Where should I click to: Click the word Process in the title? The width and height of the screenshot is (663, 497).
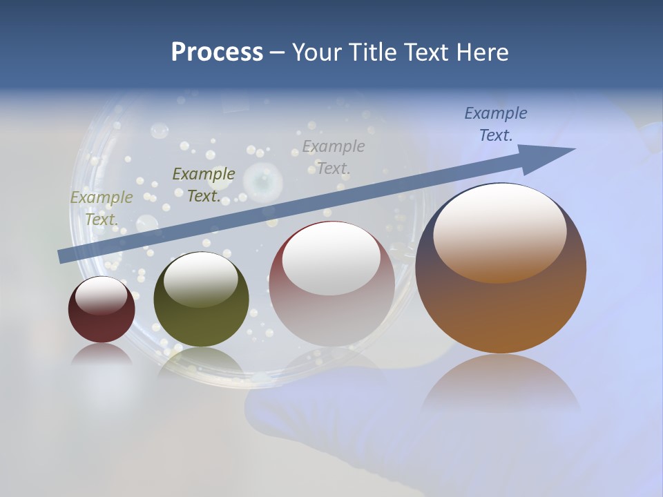(x=217, y=52)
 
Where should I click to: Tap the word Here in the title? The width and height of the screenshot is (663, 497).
(x=482, y=52)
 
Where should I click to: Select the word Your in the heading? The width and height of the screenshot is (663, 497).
(x=316, y=52)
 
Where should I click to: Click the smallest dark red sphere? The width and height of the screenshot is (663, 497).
(x=102, y=311)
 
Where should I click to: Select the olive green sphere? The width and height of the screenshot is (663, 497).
(x=201, y=300)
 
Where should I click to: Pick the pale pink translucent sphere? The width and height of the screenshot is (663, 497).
(x=331, y=283)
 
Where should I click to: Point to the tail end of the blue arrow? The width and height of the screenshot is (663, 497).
(x=62, y=257)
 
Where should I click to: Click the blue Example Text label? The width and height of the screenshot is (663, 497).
(x=496, y=124)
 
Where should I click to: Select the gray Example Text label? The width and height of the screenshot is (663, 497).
(x=334, y=157)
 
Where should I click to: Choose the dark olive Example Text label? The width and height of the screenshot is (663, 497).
(x=204, y=185)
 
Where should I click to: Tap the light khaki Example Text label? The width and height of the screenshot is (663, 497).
(x=102, y=208)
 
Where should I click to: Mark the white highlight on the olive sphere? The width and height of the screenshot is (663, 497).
(x=201, y=280)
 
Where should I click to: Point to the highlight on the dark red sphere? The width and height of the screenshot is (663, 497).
(x=101, y=295)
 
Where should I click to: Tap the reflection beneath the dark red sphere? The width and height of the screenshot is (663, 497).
(x=102, y=355)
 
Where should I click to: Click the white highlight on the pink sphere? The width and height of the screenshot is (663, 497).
(x=331, y=259)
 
